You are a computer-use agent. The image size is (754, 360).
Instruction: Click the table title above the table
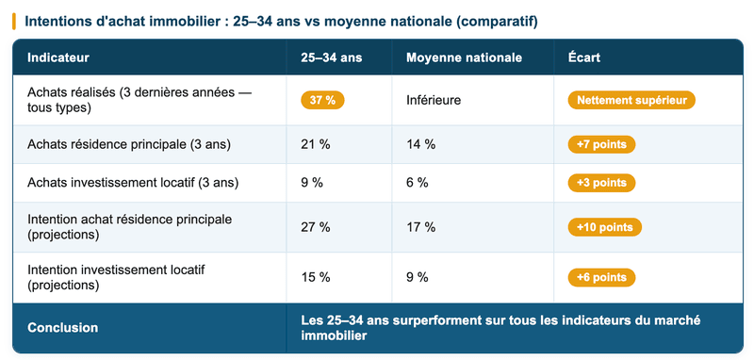[x=281, y=21]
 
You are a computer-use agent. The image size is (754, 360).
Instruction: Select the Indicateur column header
[x=58, y=58]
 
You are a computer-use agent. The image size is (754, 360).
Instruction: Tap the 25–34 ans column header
[x=331, y=58]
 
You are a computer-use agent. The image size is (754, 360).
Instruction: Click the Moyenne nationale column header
[x=464, y=58]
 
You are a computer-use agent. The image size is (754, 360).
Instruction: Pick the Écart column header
[x=584, y=58]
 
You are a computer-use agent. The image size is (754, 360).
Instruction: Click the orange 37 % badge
[x=322, y=100]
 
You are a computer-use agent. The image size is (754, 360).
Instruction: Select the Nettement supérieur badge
[x=631, y=100]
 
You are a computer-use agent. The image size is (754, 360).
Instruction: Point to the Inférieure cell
[x=434, y=100]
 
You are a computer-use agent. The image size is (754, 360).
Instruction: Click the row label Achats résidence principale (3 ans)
[x=129, y=144]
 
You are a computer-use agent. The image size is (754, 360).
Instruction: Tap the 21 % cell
[x=315, y=144]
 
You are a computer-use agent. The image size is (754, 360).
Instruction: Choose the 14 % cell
[x=420, y=144]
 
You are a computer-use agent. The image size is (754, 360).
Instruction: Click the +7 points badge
[x=601, y=144]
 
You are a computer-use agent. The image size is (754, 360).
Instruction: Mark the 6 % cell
[x=417, y=183]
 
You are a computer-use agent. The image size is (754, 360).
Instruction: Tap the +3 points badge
[x=601, y=183]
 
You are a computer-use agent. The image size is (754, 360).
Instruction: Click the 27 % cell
[x=315, y=227]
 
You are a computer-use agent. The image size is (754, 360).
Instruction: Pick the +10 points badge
[x=605, y=227]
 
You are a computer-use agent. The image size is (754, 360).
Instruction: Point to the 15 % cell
[x=315, y=277]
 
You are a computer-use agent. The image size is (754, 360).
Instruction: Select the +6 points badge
[x=601, y=277]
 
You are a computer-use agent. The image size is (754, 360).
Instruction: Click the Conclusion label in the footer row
[x=63, y=328]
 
